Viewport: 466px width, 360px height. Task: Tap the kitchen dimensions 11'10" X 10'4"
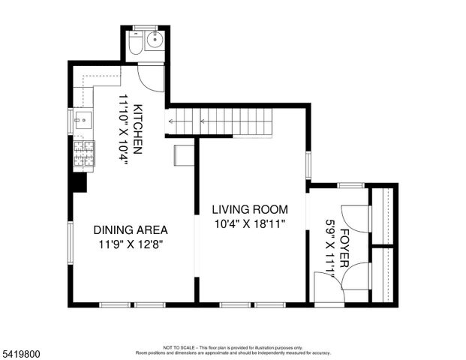click(122, 128)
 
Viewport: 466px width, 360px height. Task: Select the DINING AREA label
click(130, 230)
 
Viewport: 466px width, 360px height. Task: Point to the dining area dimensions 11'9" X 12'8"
click(130, 244)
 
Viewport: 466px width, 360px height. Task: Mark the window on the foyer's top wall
click(350, 184)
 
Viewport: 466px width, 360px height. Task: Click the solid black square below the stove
click(79, 182)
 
